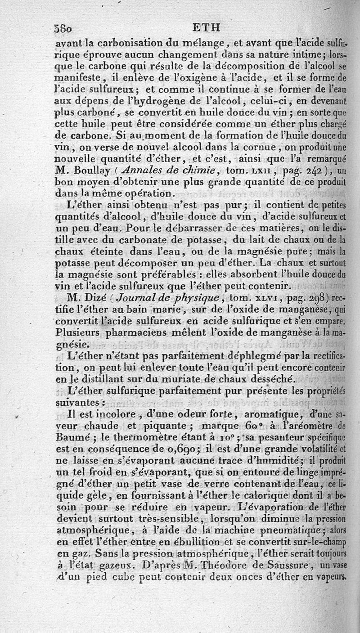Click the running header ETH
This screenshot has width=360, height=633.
coord(206,28)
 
